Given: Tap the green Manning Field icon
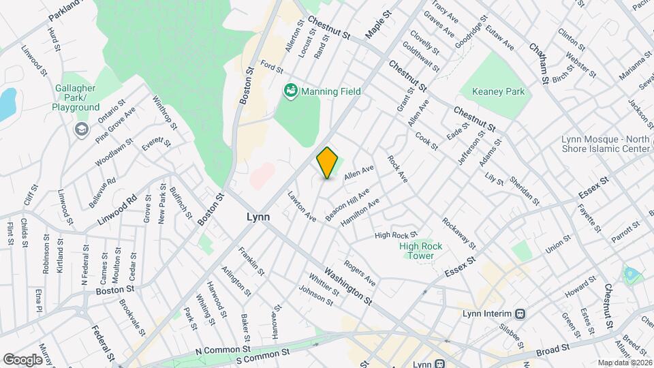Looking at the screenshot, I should tap(291, 90).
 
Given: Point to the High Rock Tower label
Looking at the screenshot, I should tap(421, 251).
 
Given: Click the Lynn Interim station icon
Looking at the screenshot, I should tap(520, 313).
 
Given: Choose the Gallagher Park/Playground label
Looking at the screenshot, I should tap(77, 102).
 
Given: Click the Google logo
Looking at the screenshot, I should tap(23, 359).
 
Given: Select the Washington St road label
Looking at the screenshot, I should tap(349, 286).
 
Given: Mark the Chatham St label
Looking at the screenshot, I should tap(540, 62).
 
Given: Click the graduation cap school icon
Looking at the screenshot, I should tap(81, 129).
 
